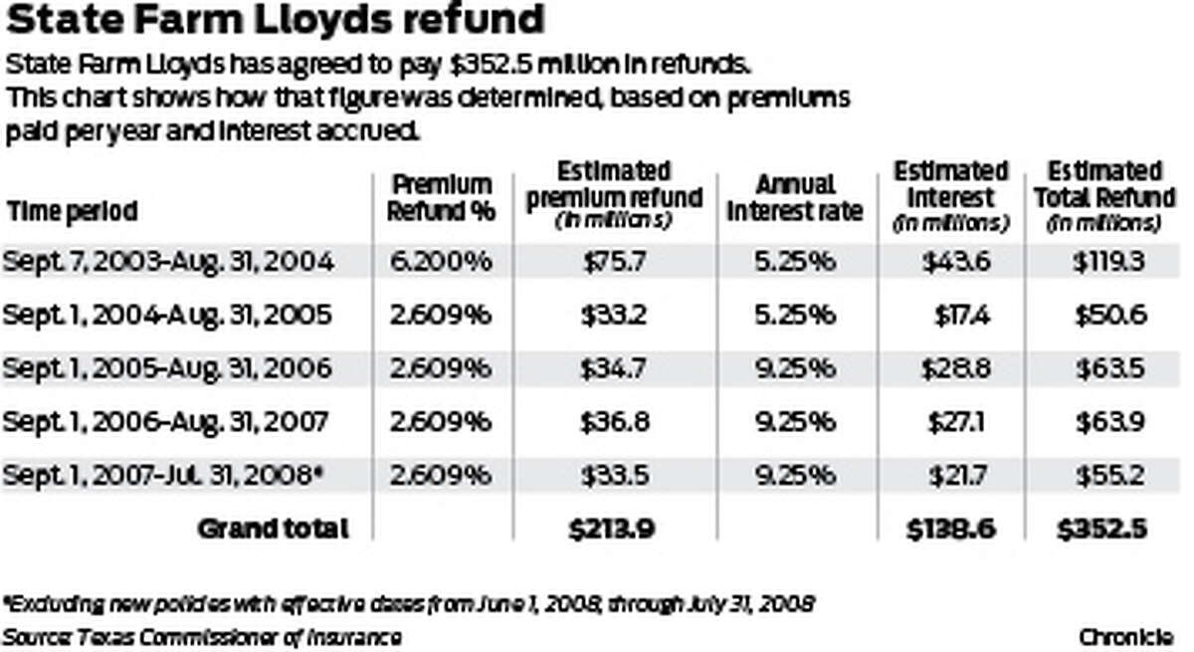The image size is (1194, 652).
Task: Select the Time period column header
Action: tap(72, 211)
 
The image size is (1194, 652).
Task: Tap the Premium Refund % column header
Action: tap(440, 198)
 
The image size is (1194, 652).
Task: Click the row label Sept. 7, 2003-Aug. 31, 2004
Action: tap(169, 262)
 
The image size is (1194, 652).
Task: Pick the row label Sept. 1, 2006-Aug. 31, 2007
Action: tap(166, 422)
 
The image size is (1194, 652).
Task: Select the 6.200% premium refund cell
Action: tap(440, 262)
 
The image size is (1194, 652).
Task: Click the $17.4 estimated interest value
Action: tap(950, 316)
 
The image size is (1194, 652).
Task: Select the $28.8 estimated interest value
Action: tap(946, 369)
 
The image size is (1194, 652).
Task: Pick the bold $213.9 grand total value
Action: tap(613, 529)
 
